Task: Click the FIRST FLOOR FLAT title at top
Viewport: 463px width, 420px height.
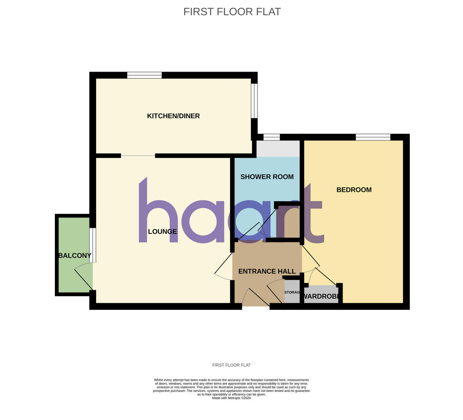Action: [x=232, y=12]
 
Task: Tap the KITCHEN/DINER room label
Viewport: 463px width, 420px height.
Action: [x=173, y=116]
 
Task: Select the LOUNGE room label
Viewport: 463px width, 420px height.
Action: [x=162, y=232]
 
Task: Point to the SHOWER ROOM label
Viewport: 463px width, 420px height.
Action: [x=267, y=177]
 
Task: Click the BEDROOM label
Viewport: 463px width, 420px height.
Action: [x=354, y=190]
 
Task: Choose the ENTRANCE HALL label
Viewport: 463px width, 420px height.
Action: [x=267, y=271]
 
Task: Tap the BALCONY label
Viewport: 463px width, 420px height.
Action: [x=75, y=255]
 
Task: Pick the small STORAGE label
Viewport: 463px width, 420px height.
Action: [x=292, y=292]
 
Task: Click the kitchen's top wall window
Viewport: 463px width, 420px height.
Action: [x=144, y=75]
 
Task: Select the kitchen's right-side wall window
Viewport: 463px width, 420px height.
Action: [x=254, y=101]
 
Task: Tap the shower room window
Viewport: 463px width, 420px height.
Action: [x=272, y=137]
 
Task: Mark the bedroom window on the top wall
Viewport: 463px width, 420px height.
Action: [x=373, y=137]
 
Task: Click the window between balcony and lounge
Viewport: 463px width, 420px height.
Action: [x=93, y=245]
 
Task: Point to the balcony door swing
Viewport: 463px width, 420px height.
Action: [x=82, y=275]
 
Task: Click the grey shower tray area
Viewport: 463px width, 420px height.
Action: [x=278, y=149]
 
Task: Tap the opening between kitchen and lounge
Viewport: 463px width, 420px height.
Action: [x=138, y=156]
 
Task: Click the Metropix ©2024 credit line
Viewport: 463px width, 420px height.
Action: [x=231, y=398]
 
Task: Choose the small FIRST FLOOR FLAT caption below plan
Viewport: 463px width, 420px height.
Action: [x=231, y=365]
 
